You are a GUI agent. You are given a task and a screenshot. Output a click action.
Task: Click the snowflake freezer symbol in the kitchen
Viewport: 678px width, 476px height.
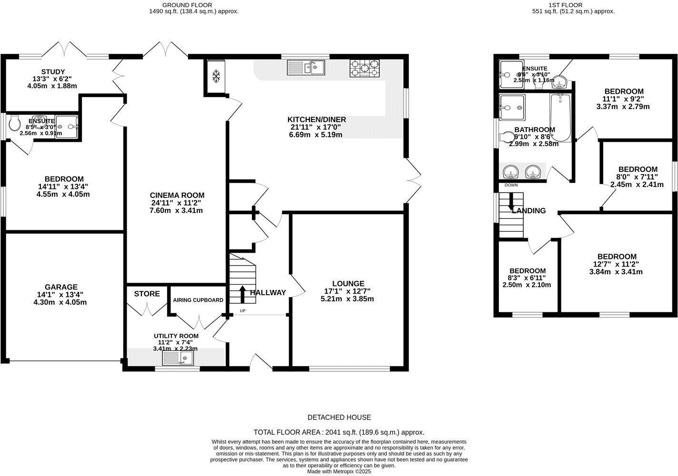pyautogui.click(x=216, y=76)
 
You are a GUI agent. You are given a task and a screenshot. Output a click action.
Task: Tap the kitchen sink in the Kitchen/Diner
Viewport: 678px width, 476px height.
pyautogui.click(x=305, y=68)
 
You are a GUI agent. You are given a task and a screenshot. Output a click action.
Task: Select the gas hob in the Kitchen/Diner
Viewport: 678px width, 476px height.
pyautogui.click(x=365, y=68)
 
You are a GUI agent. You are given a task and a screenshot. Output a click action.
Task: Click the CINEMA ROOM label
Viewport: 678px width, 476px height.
pyautogui.click(x=177, y=195)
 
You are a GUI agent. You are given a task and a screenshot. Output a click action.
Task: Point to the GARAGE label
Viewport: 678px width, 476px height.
pyautogui.click(x=61, y=287)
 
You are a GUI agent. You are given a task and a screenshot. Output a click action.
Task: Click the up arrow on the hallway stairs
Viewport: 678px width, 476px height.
pyautogui.click(x=242, y=294)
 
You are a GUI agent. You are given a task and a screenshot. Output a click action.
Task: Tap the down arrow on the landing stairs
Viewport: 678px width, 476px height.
pyautogui.click(x=511, y=202)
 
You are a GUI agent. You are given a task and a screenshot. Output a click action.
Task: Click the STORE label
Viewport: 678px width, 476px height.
pyautogui.click(x=147, y=294)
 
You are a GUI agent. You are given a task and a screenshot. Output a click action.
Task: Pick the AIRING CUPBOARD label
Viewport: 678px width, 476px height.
pyautogui.click(x=198, y=300)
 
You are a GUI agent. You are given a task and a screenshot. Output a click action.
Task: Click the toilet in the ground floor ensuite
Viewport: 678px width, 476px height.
pyautogui.click(x=14, y=125)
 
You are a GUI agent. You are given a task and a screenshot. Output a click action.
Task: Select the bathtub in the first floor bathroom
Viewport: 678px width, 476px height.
pyautogui.click(x=560, y=117)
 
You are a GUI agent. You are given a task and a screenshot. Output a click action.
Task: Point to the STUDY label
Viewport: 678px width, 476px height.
pyautogui.click(x=53, y=71)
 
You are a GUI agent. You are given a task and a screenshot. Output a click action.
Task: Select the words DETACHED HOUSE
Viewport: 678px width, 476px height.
pyautogui.click(x=339, y=417)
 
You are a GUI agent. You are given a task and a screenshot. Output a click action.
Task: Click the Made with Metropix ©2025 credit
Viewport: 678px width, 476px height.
pyautogui.click(x=339, y=472)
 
